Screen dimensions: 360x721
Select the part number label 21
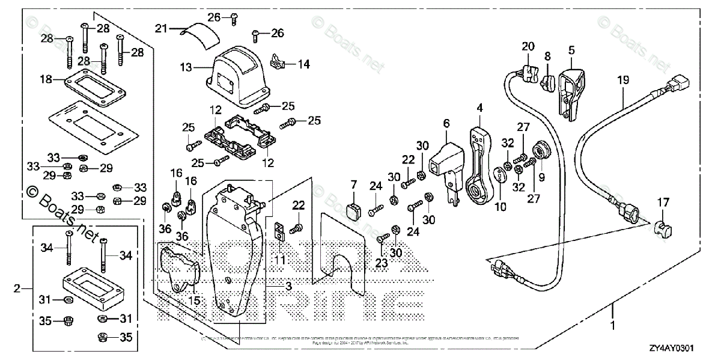[160, 28]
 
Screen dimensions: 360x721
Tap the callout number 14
[304, 64]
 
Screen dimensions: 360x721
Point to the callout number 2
[17, 289]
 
